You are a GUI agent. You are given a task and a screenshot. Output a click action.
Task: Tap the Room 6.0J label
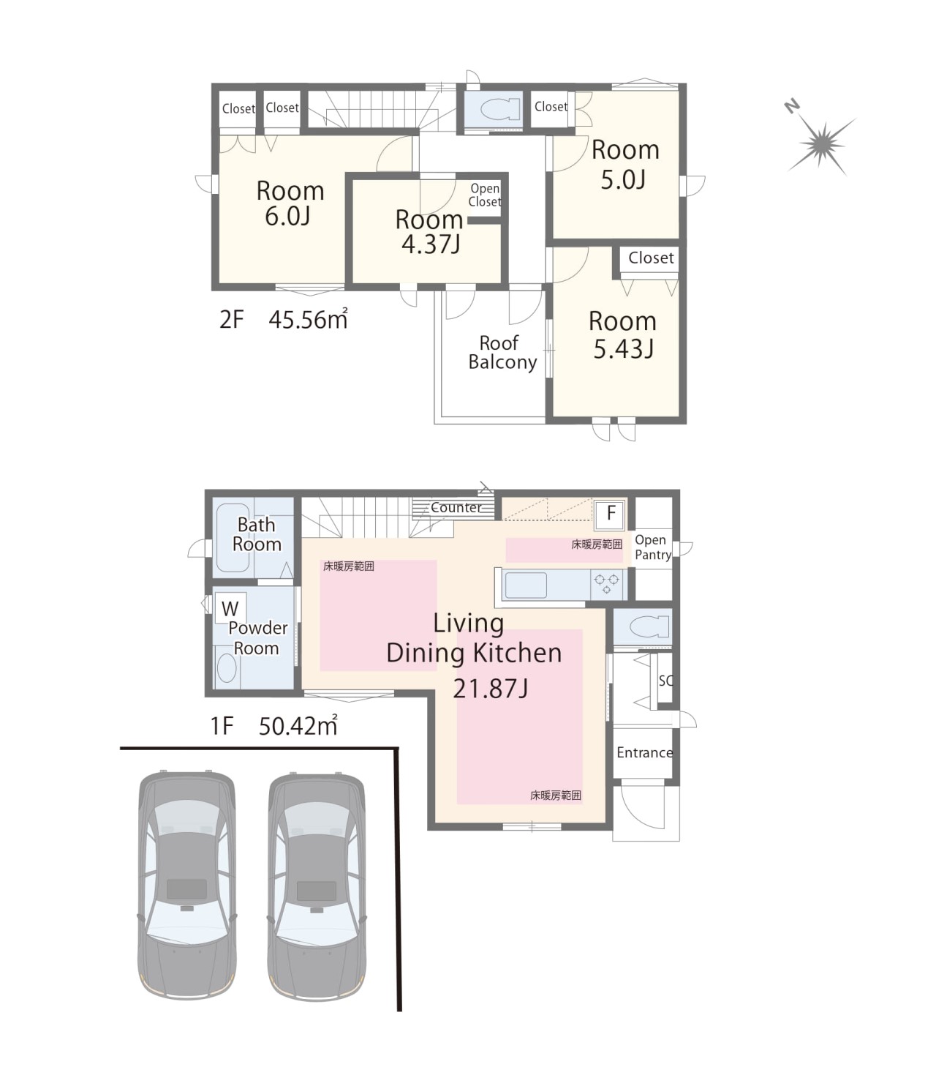tap(290, 203)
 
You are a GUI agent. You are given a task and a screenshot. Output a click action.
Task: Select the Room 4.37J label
tap(429, 231)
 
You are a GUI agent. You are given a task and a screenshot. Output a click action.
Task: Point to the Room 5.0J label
tap(625, 165)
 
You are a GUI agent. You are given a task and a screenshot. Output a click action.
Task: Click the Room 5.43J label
tap(623, 335)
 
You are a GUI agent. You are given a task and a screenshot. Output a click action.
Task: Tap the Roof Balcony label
tap(502, 353)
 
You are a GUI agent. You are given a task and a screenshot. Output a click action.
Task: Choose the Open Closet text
tap(484, 195)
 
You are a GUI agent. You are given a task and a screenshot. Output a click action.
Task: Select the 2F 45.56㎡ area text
tap(283, 319)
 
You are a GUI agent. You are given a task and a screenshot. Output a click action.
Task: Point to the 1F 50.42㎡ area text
tap(273, 725)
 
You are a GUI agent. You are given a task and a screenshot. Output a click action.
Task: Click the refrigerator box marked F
tap(610, 514)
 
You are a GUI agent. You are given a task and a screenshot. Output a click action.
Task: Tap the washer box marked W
tap(230, 609)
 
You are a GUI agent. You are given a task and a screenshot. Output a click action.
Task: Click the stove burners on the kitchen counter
tap(606, 584)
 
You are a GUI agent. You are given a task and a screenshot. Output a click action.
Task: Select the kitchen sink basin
tap(525, 585)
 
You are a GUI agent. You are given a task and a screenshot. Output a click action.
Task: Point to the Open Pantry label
tap(653, 547)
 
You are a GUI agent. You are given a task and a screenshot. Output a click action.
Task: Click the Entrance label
tap(644, 752)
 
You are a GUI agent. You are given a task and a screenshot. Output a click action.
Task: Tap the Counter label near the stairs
tap(456, 507)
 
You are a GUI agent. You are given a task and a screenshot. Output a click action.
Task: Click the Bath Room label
tap(257, 534)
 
